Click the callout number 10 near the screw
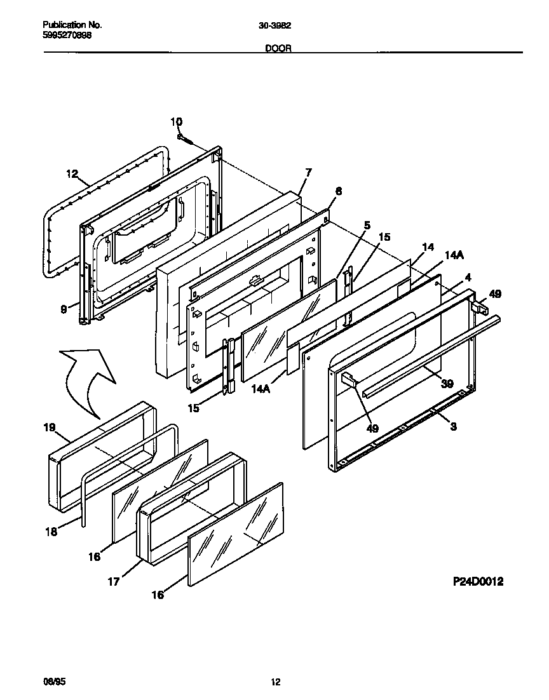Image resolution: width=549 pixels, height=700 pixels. coord(176,121)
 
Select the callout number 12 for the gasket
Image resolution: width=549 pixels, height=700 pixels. coord(71,173)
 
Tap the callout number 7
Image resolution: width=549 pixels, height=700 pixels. coord(308,172)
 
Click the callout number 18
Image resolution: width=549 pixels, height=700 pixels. coord(51,531)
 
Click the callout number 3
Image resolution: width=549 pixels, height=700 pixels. coord(453,426)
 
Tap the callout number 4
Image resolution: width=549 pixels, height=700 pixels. coord(468,278)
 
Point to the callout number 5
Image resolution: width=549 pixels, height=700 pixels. coord(367,224)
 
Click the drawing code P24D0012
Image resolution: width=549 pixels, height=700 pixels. coord(478,581)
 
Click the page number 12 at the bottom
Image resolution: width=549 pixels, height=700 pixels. coord(275,682)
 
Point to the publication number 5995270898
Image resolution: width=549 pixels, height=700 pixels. coord(67,36)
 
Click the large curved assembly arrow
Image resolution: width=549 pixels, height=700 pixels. coord(89,381)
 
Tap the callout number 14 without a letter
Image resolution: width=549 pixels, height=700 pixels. coord(428,246)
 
